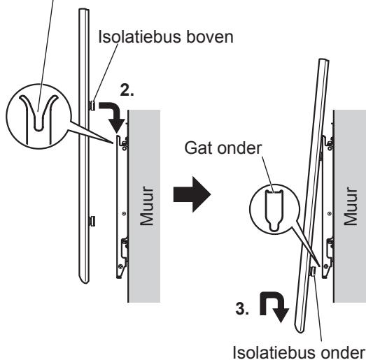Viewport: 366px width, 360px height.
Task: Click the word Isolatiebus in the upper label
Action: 139,37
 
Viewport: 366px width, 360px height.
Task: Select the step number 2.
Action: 127,90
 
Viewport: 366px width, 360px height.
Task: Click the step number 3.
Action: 242,308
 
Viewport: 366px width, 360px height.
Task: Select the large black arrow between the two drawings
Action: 192,194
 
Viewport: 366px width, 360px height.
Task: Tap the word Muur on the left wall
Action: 146,206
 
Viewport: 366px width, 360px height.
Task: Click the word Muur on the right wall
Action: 351,206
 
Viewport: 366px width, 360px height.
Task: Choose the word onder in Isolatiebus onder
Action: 342,352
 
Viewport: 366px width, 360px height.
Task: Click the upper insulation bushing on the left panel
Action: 92,106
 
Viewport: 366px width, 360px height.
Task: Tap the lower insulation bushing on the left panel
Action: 92,222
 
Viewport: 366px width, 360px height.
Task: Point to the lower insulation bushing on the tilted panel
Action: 313,272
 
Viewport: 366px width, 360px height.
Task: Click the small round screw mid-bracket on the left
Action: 124,213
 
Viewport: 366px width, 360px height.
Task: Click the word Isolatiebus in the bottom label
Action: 274,352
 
